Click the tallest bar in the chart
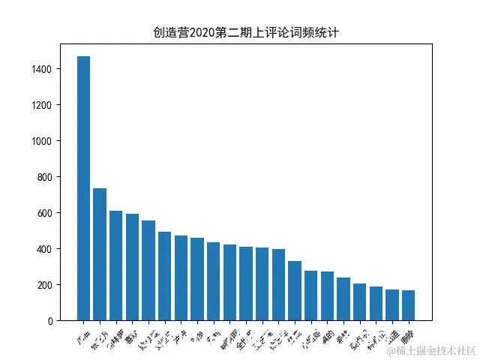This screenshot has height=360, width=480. click(x=83, y=188)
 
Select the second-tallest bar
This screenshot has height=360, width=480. click(x=100, y=254)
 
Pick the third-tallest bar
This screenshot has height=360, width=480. click(x=116, y=265)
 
